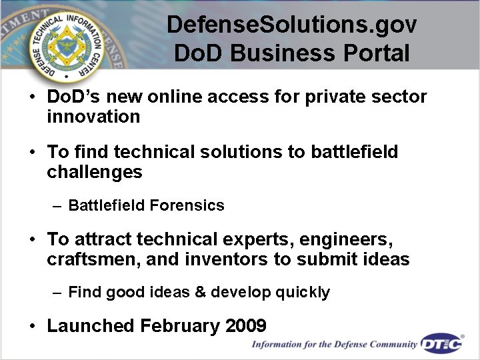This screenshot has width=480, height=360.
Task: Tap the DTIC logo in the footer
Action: pos(442,344)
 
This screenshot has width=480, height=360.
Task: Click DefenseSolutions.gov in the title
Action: pos(291,25)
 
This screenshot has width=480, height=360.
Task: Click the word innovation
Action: pos(93,117)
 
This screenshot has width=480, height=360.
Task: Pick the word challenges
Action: pos(94,172)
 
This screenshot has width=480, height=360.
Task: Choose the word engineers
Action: pos(344,239)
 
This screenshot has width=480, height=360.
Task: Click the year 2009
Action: pos(246,326)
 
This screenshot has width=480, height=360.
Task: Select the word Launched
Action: pos(91,326)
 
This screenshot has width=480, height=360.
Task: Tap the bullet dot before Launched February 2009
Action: pos(32,327)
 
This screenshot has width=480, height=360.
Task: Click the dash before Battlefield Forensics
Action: pos(57,205)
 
